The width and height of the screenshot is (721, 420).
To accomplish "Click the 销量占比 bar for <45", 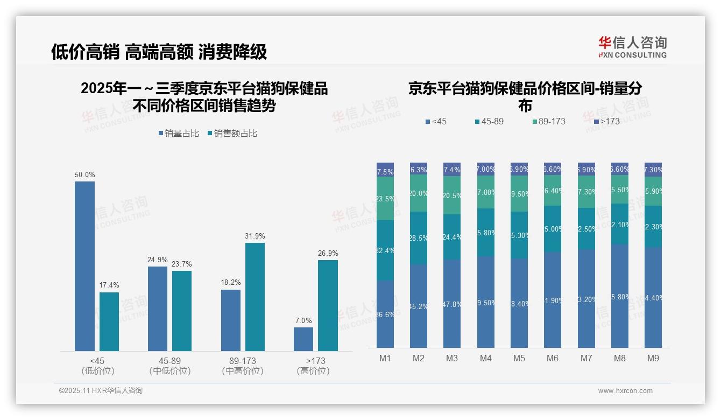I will [x=84, y=266].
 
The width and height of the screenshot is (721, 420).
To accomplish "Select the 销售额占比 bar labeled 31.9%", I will [x=255, y=297].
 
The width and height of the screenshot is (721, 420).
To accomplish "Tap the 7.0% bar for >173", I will [x=303, y=339].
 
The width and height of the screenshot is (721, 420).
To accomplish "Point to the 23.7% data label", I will [x=182, y=264].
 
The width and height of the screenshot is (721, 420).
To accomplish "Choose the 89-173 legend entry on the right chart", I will [x=548, y=122].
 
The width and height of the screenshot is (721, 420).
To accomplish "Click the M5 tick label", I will [x=519, y=358].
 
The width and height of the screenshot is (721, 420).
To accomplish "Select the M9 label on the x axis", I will [x=653, y=358].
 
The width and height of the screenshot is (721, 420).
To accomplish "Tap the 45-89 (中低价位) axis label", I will [x=169, y=366].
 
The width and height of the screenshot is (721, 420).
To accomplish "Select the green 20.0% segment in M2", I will [x=419, y=193].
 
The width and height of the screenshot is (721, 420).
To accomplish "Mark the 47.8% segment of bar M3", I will [x=452, y=304].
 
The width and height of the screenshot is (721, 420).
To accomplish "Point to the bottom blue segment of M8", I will [x=619, y=296].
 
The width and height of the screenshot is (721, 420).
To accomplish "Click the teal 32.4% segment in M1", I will [x=385, y=250].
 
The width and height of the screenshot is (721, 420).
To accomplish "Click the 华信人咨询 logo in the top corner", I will [x=632, y=47].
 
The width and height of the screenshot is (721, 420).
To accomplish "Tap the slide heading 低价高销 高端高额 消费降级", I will [x=159, y=52].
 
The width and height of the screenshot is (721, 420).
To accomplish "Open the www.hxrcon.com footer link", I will [x=625, y=391].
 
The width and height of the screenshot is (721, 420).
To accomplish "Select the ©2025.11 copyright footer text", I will [x=101, y=391].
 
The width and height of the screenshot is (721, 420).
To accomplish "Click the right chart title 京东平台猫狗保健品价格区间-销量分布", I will [x=525, y=96].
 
